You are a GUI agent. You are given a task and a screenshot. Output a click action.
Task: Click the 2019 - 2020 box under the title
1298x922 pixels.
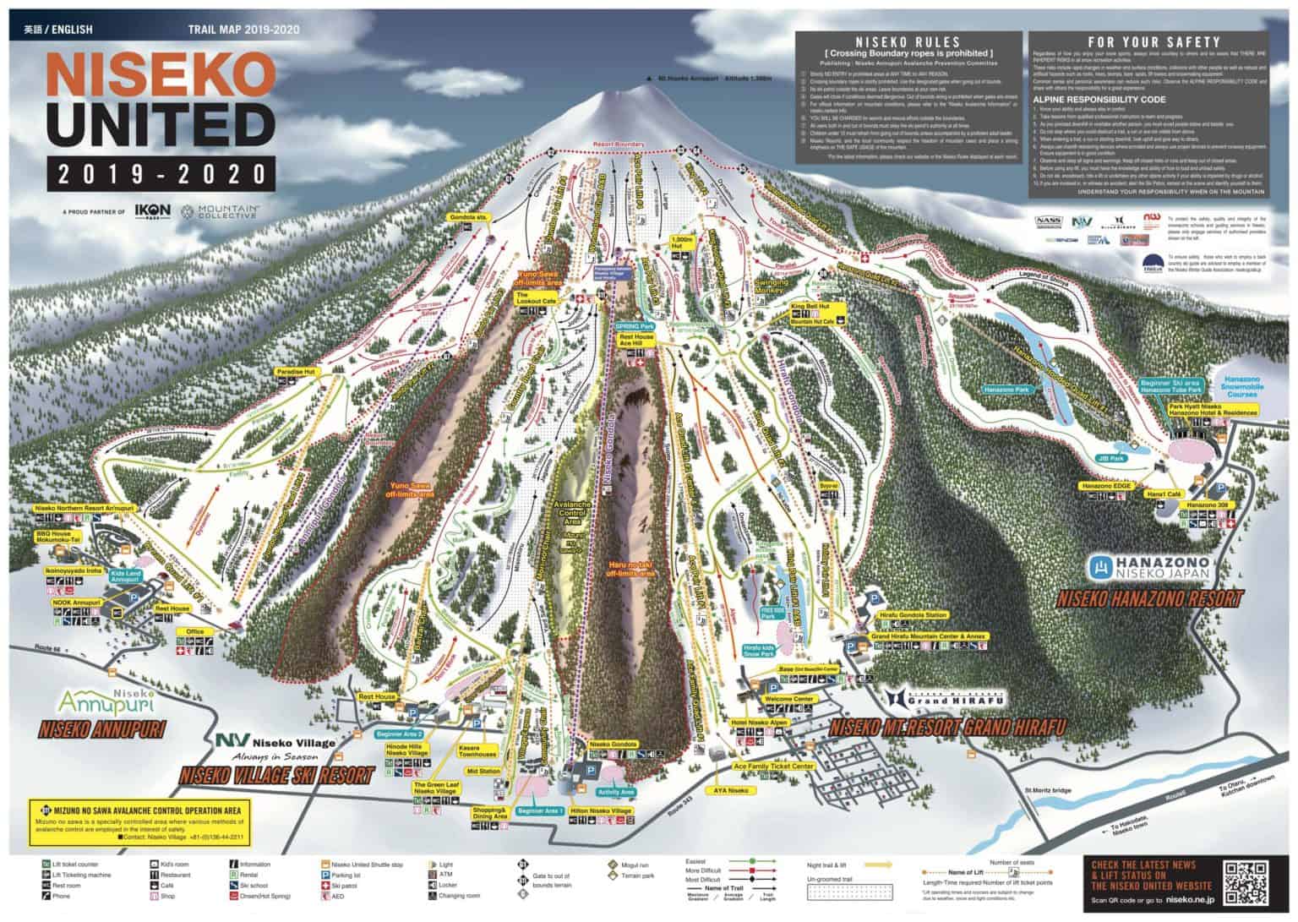click(161, 174)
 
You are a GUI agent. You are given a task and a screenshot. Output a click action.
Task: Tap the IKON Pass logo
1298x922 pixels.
click(153, 210)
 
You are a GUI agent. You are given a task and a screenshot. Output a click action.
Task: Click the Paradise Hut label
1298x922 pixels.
click(294, 372)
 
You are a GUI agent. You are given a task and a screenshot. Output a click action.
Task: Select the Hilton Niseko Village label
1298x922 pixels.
click(601, 810)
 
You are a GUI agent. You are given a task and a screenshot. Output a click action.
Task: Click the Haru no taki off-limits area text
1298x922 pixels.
click(630, 568)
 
